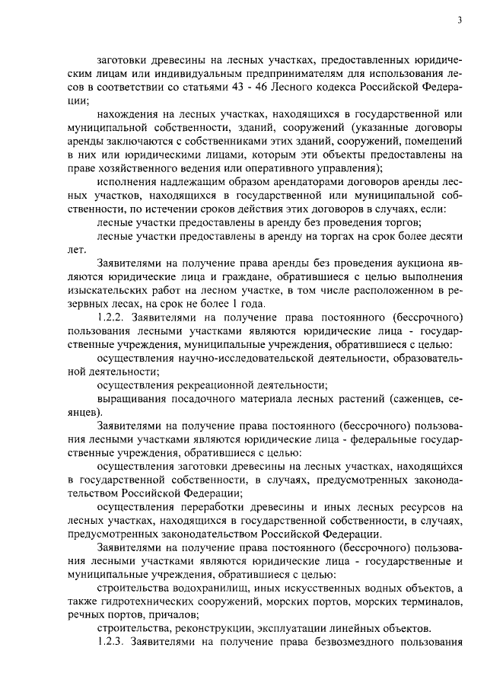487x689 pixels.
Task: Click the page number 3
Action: pos(460,21)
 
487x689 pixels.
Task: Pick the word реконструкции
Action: pos(210,630)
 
